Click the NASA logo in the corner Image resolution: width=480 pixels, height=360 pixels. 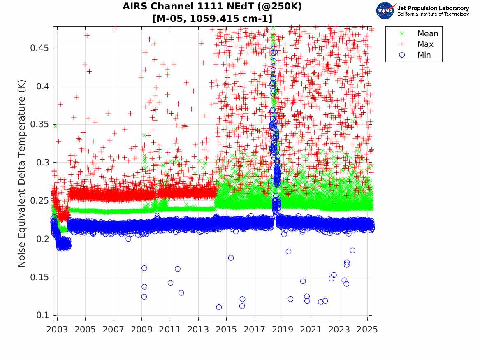click(385, 11)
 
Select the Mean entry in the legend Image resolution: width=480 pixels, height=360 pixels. click(427, 34)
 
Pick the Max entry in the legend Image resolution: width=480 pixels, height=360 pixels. click(425, 44)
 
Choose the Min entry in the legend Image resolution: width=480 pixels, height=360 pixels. click(424, 55)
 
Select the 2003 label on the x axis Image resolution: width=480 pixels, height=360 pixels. click(57, 330)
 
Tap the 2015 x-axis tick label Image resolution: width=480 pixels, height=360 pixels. click(226, 330)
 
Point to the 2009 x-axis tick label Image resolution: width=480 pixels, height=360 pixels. click(141, 330)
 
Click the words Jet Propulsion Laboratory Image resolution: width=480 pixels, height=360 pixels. click(433, 8)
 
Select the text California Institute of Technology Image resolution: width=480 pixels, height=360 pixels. click(433, 14)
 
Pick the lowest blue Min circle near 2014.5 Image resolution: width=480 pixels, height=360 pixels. click(219, 307)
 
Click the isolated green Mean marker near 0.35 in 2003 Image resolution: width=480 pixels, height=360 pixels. click(55, 126)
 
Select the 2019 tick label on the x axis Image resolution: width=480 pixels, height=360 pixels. click(283, 330)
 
